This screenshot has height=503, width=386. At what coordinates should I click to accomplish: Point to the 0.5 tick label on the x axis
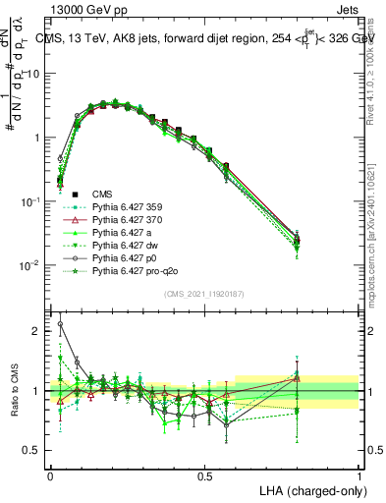[204, 474]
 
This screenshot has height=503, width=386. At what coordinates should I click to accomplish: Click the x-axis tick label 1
[358, 474]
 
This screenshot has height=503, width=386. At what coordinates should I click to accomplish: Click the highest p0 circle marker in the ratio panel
[61, 323]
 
